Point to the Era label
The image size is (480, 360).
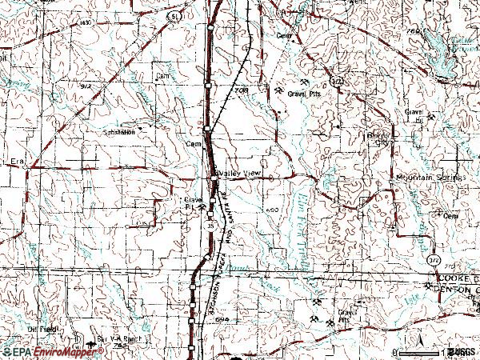click(18, 162)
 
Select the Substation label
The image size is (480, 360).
click(118, 132)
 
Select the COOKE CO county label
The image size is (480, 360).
click(452, 276)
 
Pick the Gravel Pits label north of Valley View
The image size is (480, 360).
click(308, 92)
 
